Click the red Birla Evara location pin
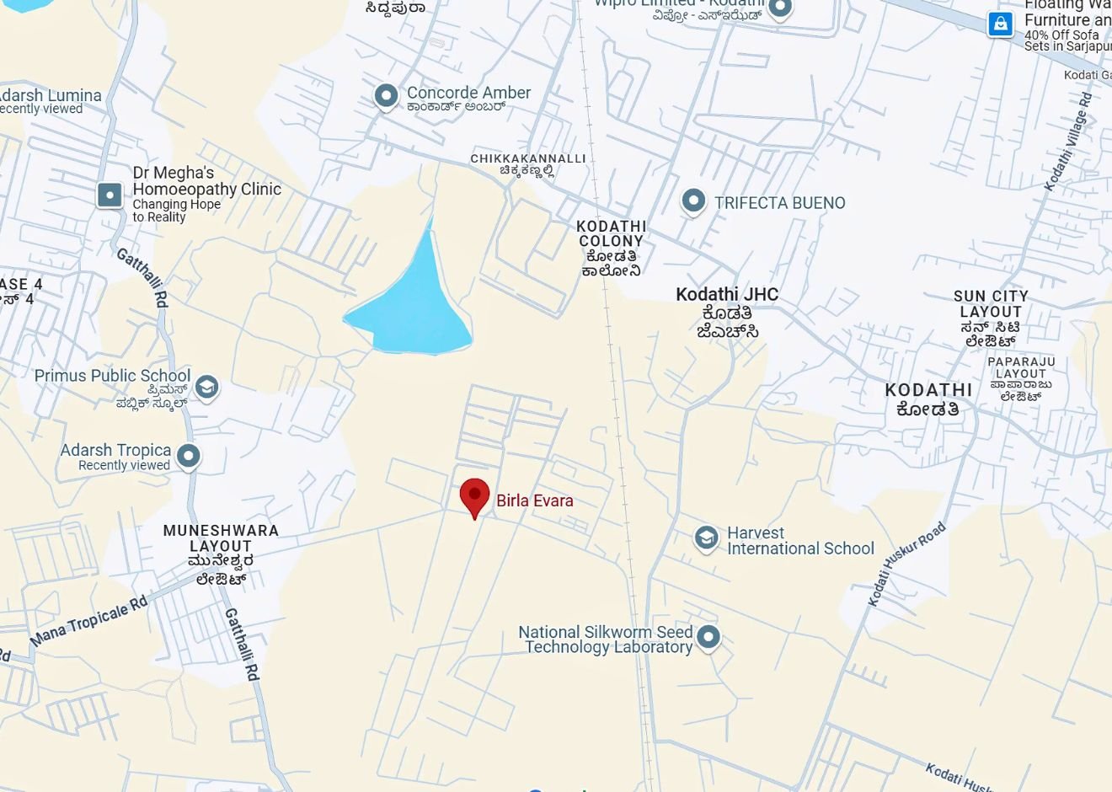click(x=474, y=495)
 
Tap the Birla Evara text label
click(x=534, y=500)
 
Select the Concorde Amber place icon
click(x=386, y=95)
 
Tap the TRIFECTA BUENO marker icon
click(x=692, y=201)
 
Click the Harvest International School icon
click(x=706, y=537)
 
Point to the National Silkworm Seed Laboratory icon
click(x=708, y=636)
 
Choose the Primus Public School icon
click(x=206, y=387)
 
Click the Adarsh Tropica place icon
click(x=189, y=456)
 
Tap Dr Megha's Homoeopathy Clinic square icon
click(x=110, y=195)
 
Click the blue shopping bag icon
click(x=1000, y=24)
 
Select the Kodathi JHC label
click(x=727, y=295)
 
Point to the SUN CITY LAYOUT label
click(x=991, y=303)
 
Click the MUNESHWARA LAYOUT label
click(x=221, y=538)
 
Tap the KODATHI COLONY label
click(x=612, y=233)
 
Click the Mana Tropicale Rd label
click(x=88, y=621)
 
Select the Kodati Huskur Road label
click(x=907, y=564)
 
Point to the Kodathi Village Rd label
click(x=1068, y=141)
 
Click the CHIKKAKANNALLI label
click(x=527, y=158)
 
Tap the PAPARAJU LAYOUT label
click(x=1021, y=367)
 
